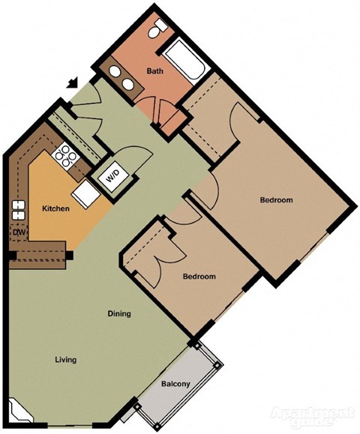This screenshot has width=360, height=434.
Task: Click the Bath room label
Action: [154, 72]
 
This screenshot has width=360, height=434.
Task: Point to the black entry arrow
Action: [72, 84]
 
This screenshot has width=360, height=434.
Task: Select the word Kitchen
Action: [55, 208]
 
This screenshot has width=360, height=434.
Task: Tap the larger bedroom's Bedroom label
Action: [276, 199]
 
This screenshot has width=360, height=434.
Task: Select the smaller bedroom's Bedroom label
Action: [199, 277]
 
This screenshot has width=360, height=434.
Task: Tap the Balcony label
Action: [176, 385]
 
